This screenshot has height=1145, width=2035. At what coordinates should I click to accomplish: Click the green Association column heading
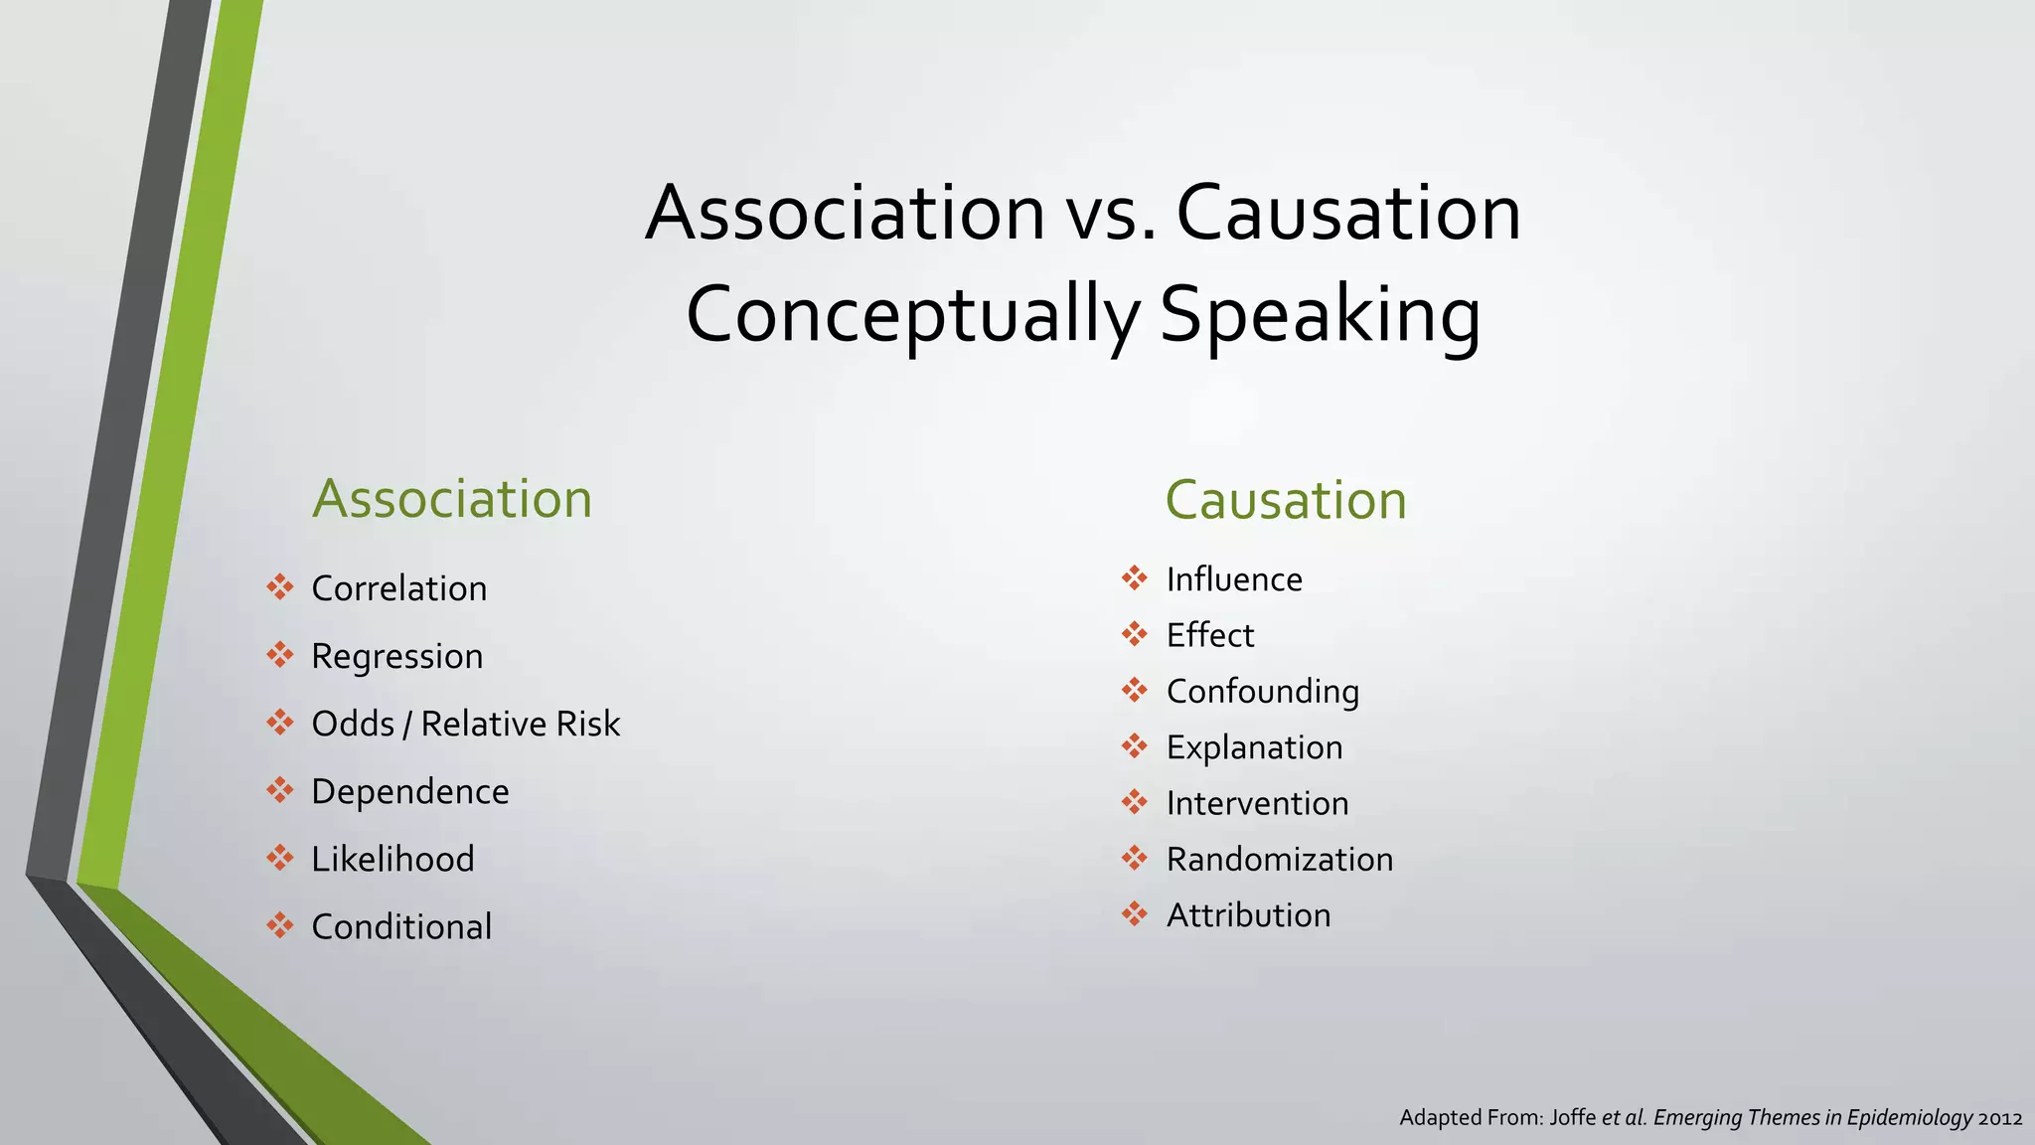[x=452, y=499]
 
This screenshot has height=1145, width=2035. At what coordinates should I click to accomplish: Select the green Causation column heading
[x=1286, y=500]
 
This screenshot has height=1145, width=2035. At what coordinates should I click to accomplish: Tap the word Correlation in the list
[x=399, y=588]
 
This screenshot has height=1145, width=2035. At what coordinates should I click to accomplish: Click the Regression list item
[x=397, y=656]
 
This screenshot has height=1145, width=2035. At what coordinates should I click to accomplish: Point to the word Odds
[x=353, y=724]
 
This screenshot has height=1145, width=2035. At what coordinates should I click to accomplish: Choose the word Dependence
[x=410, y=792]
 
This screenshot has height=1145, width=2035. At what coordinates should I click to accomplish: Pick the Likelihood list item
[x=393, y=859]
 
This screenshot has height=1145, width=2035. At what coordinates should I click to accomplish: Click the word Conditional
[x=401, y=926]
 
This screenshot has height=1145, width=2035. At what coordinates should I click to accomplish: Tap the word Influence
[x=1234, y=579]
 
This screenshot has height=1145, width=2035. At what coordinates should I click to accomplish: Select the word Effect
[x=1210, y=635]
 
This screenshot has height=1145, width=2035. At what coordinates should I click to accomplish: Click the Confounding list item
[x=1263, y=692]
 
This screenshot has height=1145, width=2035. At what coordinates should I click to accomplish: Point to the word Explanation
[x=1255, y=747]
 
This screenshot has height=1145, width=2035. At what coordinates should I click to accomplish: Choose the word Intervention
[x=1258, y=803]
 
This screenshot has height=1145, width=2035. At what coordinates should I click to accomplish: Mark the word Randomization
[x=1280, y=860]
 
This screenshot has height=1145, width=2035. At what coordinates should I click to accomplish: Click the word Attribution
[x=1249, y=915]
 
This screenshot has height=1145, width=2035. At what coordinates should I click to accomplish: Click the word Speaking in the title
[x=1320, y=315]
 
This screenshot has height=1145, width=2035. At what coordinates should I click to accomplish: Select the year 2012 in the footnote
[x=2000, y=1118]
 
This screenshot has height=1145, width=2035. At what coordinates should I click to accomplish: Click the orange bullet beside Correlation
[x=280, y=587]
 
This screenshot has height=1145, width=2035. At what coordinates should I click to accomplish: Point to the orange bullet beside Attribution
[x=1135, y=913]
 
